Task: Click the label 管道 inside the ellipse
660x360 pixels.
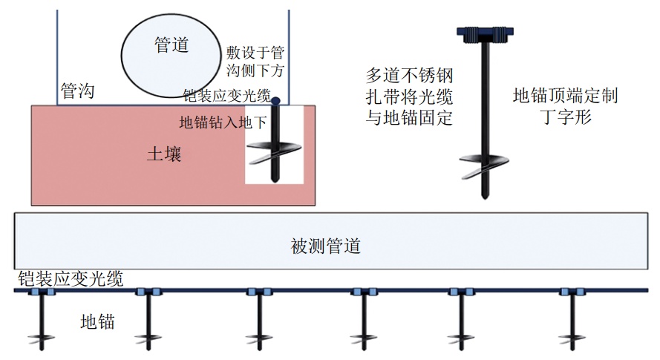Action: point(171,45)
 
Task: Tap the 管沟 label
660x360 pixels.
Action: point(77,91)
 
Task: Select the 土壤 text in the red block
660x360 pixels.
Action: point(164,154)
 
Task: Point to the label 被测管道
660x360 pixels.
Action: point(325,246)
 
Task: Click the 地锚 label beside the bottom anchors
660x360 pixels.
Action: point(97,321)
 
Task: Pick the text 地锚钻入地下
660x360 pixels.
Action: point(223,122)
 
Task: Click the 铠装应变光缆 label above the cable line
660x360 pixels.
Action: point(71,279)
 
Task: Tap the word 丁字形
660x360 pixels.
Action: point(565,117)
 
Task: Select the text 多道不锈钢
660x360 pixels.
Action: point(409,76)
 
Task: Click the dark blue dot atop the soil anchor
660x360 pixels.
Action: point(275,101)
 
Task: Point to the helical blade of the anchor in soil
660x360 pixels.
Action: point(274,153)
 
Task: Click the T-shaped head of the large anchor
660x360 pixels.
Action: point(485,35)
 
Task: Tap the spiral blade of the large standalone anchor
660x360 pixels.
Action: point(484,166)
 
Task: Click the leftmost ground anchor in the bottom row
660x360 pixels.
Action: point(42,320)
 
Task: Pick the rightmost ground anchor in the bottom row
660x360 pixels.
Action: point(572,320)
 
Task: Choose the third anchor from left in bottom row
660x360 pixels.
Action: point(259,320)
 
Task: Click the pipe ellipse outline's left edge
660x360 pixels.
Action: point(121,55)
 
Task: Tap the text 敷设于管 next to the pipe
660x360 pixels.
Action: point(255,53)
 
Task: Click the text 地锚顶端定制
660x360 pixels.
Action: point(565,96)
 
